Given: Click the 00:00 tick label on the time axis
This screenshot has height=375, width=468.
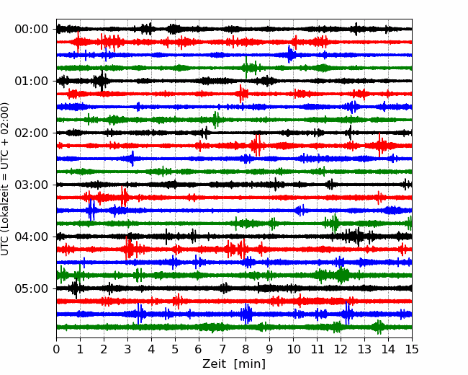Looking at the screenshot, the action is (x=32, y=30).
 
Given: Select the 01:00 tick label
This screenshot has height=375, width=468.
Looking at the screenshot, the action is (x=32, y=81).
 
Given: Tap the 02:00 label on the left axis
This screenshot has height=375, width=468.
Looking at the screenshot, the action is (x=32, y=133).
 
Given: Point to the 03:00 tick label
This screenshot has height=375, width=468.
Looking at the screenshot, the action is (x=32, y=185).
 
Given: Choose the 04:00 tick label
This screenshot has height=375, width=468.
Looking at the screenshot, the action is (x=32, y=237).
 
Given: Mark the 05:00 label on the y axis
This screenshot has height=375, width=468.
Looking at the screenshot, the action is (x=32, y=288).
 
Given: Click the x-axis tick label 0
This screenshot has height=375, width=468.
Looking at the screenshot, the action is (x=56, y=349).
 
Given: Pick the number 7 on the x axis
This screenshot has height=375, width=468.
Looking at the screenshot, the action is (x=222, y=349).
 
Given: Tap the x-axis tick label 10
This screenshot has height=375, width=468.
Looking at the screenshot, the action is (x=293, y=349).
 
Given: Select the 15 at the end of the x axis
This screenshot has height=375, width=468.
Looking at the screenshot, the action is (x=412, y=349).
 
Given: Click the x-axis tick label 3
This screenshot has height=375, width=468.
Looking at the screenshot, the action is (x=127, y=349).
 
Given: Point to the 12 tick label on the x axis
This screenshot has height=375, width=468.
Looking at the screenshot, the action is (x=341, y=349).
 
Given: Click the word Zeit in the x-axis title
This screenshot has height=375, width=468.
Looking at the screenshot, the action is (x=214, y=364).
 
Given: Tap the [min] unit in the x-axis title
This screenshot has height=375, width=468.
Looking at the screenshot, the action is (x=250, y=364).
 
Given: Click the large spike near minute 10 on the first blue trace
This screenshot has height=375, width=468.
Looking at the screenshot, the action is (x=289, y=54).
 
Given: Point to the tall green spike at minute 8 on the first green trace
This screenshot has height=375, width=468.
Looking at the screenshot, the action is (x=246, y=68).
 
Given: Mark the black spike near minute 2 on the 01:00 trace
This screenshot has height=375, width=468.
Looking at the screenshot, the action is (x=102, y=81).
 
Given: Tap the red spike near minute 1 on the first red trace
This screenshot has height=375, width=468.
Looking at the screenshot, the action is (x=78, y=42).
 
